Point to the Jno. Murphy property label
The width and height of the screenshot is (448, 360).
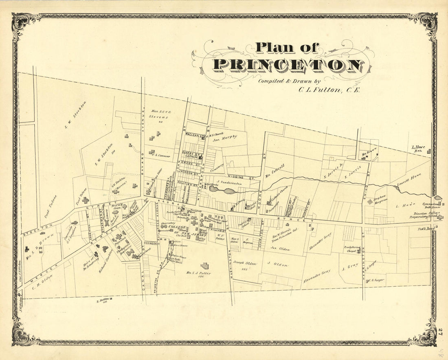pos(225,138)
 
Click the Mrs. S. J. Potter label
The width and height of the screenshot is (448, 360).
pos(199,274)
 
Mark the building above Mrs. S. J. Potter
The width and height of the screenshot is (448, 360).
pos(204,266)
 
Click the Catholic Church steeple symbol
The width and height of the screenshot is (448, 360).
pos(268,202)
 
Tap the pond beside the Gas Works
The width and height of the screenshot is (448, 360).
pos(228,191)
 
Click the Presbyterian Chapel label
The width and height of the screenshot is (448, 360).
pos(352,249)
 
